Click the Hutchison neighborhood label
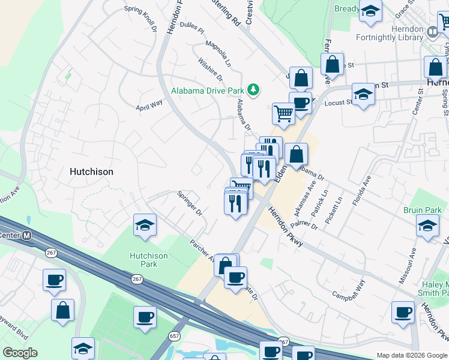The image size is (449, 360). (91, 172)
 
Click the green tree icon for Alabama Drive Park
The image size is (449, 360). (254, 90)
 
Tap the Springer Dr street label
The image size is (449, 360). (190, 203)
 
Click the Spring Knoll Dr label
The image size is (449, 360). (140, 18)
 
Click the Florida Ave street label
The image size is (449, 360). (362, 190)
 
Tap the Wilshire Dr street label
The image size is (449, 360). (211, 70)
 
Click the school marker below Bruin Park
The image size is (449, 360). (427, 226)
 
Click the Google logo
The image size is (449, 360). (20, 353)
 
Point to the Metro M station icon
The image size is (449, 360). (26, 236)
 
